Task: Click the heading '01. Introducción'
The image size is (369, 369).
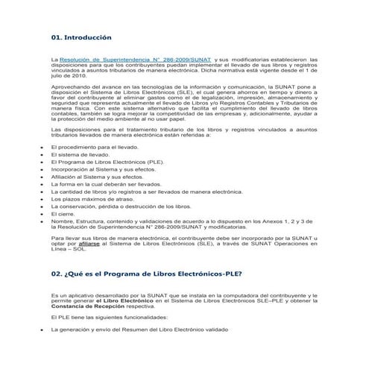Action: pos(81,36)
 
